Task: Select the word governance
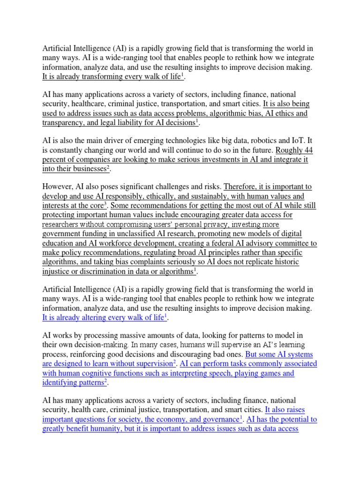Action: pos(217,419)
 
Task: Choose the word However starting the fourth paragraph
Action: pos(59,187)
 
